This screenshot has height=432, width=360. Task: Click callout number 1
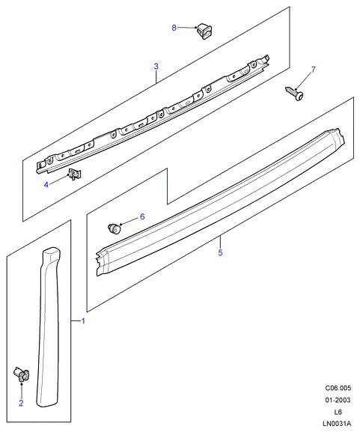tap(83, 321)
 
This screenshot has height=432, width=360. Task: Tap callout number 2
tap(21, 403)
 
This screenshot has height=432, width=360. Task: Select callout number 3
tap(156, 66)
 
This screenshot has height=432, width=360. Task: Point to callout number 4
tap(46, 185)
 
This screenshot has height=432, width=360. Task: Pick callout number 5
tap(220, 252)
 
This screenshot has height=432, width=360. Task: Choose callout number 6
tap(142, 216)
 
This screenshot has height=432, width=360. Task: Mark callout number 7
tap(313, 70)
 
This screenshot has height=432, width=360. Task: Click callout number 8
tap(174, 28)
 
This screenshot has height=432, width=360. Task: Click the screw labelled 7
tap(295, 94)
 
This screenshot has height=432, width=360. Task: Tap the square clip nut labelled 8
tap(204, 31)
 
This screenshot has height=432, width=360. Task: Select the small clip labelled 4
tap(74, 174)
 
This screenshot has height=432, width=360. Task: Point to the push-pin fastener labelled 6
tap(114, 228)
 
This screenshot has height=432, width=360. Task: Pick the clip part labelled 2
tap(21, 374)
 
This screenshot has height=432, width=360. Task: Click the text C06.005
tap(338, 388)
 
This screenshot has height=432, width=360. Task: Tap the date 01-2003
tap(338, 400)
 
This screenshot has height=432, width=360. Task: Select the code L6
tap(338, 412)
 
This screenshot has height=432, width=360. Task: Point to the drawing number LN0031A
tap(337, 424)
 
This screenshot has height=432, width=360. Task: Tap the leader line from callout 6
tap(129, 221)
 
